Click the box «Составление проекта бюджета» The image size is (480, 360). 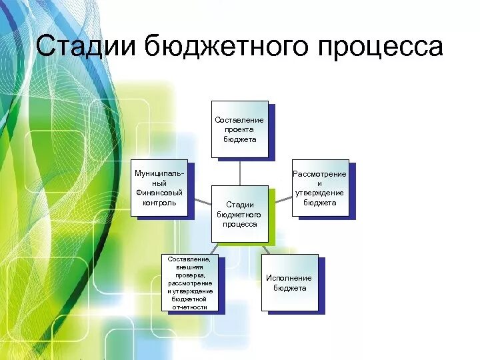coord(240,129)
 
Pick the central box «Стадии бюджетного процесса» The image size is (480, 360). coord(240,214)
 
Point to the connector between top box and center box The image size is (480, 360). coord(240,171)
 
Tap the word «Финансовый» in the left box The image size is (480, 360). coord(159,193)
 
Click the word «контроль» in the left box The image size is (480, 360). coord(159,203)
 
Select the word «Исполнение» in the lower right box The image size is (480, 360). coord(289,278)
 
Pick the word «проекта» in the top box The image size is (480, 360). coord(240,130)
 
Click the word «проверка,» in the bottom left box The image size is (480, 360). coord(190,275)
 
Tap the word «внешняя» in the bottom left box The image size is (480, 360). coord(190,267)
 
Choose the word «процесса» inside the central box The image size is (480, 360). coord(240,225)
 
